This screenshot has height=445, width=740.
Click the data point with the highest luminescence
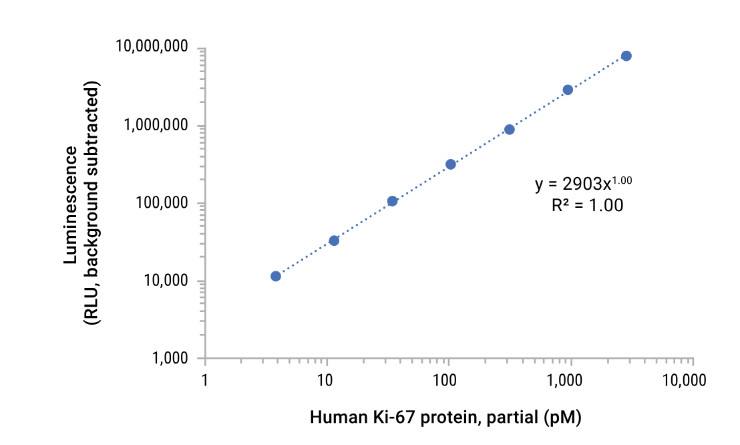[x=626, y=56]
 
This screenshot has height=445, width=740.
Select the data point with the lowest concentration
[x=275, y=276]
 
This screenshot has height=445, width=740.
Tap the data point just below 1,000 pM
[x=568, y=90]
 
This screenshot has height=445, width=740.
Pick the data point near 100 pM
[x=451, y=164]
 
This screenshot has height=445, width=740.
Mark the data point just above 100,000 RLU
[x=392, y=201]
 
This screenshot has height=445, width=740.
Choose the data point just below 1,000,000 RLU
[x=509, y=130]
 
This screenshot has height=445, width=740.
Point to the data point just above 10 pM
[x=334, y=241]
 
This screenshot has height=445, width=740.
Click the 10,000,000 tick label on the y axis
[x=152, y=47]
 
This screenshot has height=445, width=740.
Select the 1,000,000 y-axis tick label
[x=156, y=126]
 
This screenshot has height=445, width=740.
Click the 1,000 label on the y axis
[x=170, y=359]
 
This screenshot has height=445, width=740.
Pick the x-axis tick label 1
[x=204, y=381]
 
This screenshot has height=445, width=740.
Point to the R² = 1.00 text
[x=587, y=206]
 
